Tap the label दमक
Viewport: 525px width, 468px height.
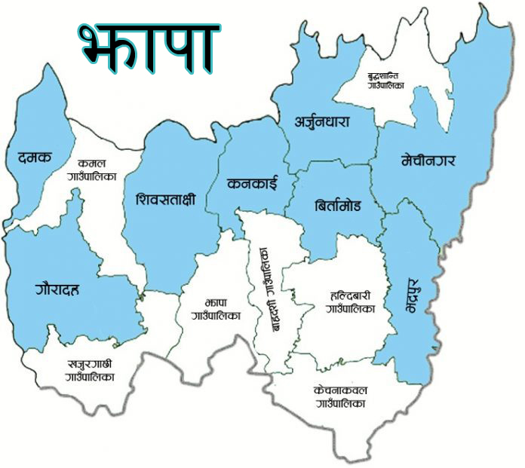pos(34,158)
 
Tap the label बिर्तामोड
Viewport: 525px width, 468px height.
pos(336,205)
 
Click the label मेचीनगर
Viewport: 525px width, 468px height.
pos(429,160)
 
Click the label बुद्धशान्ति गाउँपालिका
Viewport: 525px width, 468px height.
pos(385,81)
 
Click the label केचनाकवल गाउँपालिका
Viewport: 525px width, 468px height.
pos(341,397)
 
